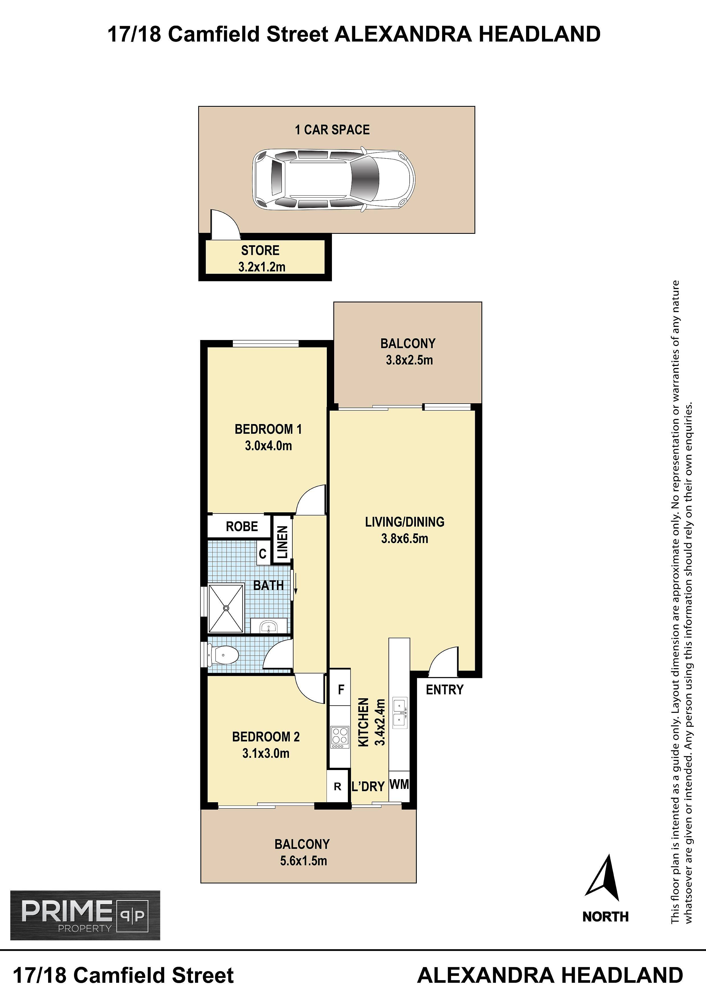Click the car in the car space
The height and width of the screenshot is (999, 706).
334,179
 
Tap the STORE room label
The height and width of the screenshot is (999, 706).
260,251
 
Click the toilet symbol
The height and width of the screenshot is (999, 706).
223,654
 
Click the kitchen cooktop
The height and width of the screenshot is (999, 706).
340,737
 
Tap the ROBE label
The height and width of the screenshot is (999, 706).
242,527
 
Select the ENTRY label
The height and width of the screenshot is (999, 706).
445,690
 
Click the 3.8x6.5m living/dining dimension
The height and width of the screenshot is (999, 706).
405,539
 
